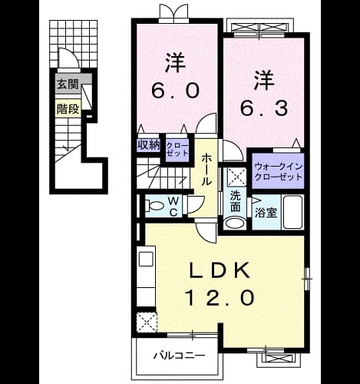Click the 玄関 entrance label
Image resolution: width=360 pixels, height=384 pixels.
pyautogui.click(x=68, y=84)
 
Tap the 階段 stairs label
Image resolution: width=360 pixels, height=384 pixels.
pyautogui.click(x=68, y=109)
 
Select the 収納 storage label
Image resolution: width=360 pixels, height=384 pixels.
pyautogui.click(x=149, y=145)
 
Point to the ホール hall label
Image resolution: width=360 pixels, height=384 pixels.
pyautogui.click(x=206, y=169)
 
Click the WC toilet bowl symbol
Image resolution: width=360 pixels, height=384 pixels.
pyautogui.click(x=155, y=206)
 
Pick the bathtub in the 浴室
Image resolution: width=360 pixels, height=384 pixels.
pyautogui.click(x=293, y=212)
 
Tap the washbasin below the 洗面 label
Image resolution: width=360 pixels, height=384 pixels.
pyautogui.click(x=235, y=223)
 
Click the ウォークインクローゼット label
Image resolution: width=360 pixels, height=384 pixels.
pyautogui.click(x=279, y=172)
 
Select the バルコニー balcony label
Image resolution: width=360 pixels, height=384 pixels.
pyautogui.click(x=180, y=356)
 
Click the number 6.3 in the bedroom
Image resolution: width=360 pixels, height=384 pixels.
pyautogui.click(x=264, y=108)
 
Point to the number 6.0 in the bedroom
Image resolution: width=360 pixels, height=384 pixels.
pyautogui.click(x=175, y=91)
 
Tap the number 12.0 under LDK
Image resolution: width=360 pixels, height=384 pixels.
pyautogui.click(x=221, y=297)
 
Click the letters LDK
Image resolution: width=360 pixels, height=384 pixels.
pyautogui.click(x=220, y=270)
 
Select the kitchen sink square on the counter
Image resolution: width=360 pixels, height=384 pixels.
pyautogui.click(x=146, y=260)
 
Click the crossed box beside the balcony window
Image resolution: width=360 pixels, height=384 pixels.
pyautogui.click(x=147, y=323)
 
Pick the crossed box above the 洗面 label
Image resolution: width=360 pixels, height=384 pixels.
pyautogui.click(x=236, y=177)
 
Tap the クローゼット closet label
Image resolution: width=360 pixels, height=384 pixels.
pyautogui.click(x=177, y=150)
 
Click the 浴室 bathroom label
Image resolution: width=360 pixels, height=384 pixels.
pyautogui.click(x=266, y=213)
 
